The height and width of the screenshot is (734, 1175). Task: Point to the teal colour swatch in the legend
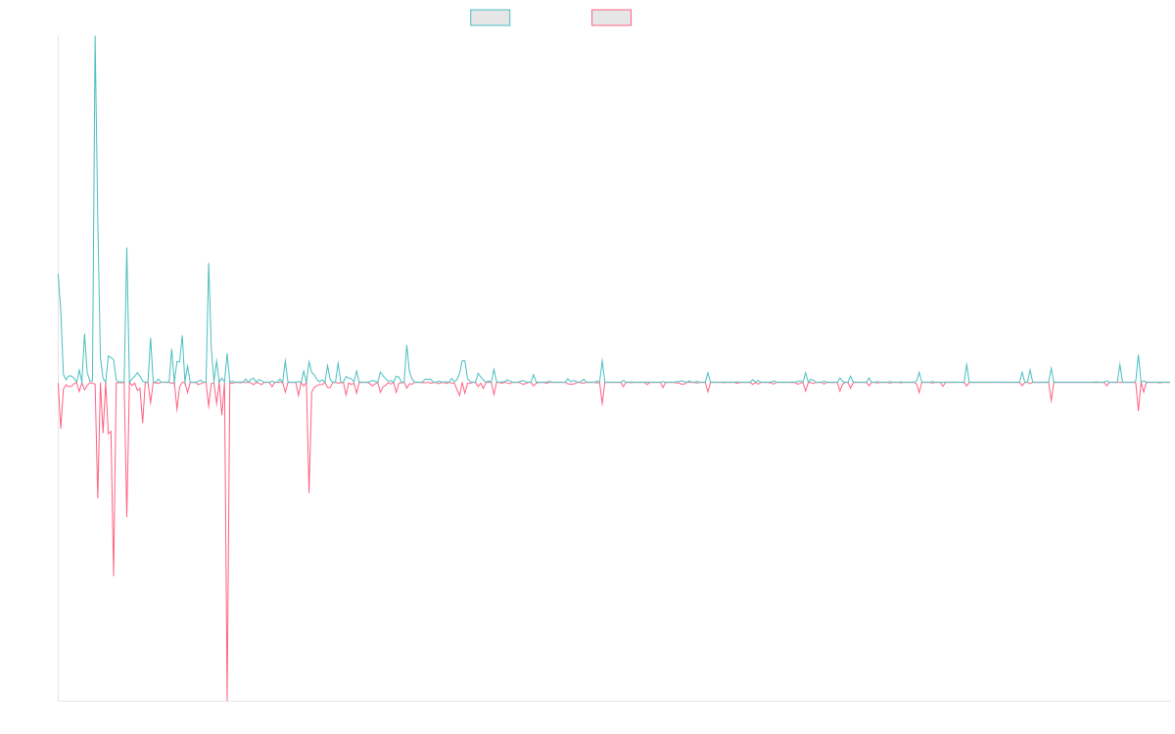coord(491,18)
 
